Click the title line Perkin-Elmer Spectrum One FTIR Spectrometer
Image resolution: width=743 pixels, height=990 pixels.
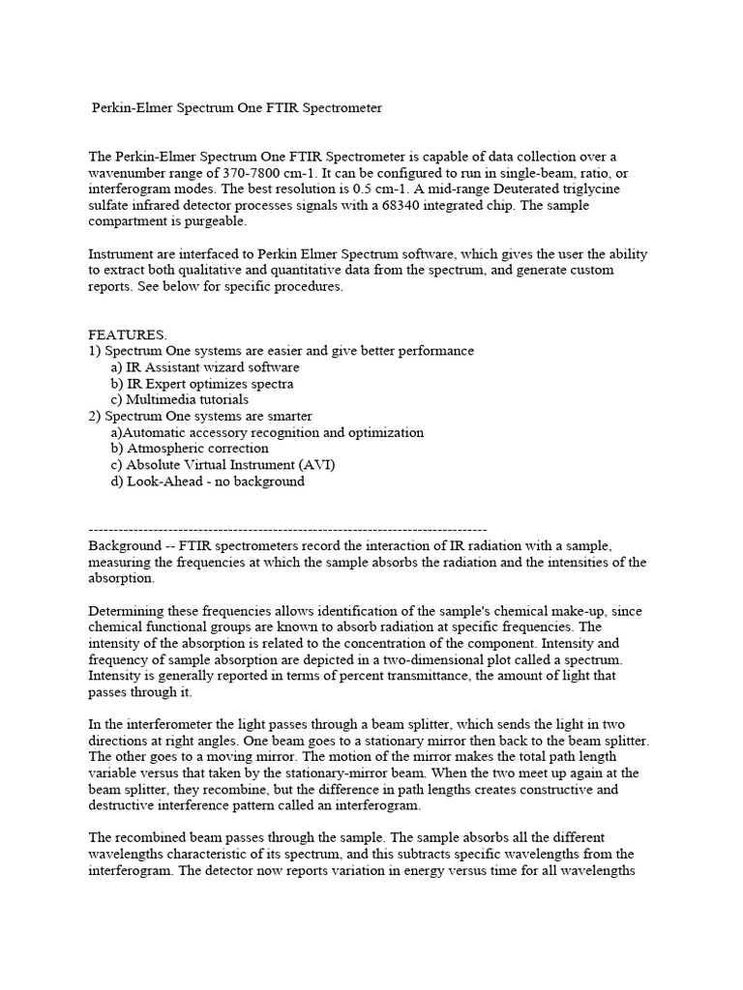point(237,108)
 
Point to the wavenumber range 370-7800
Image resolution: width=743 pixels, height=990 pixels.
point(233,171)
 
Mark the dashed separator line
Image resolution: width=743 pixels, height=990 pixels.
point(286,529)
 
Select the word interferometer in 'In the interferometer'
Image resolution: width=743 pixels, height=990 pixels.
point(165,725)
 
